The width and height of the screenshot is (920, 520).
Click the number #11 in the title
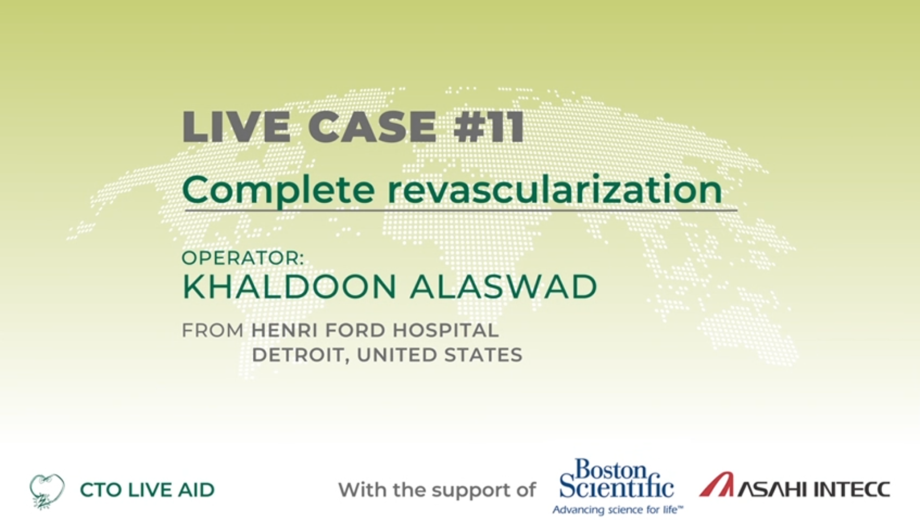point(489,127)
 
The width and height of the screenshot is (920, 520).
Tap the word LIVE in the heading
point(236,127)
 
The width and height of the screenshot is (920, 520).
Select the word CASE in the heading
point(372,127)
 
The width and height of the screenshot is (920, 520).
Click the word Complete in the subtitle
point(279,190)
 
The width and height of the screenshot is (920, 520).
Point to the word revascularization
point(555,189)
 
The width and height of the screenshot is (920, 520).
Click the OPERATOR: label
point(243,258)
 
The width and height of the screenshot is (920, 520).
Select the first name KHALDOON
point(289,287)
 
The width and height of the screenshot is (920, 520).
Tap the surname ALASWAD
point(504,287)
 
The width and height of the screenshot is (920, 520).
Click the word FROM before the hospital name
point(213,330)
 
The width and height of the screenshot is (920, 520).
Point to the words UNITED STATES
point(439,355)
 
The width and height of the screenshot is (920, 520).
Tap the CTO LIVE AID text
point(147,490)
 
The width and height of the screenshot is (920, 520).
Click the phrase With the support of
point(437,490)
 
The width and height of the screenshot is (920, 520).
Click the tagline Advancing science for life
point(618,509)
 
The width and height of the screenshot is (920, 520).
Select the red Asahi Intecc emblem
point(717,485)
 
